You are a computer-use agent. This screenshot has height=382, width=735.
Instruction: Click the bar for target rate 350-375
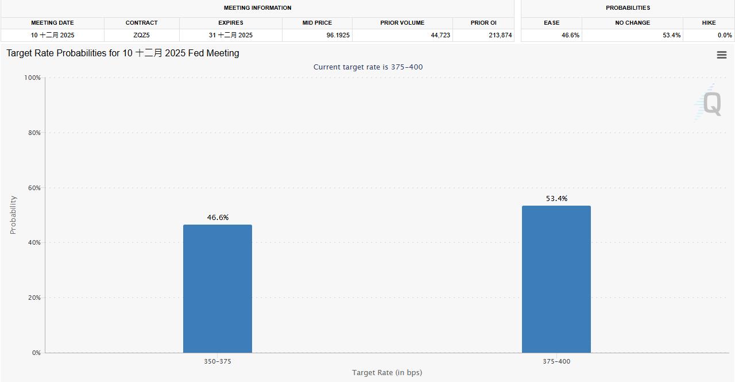(x=217, y=288)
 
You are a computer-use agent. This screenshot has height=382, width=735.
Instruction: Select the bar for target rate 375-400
(x=556, y=279)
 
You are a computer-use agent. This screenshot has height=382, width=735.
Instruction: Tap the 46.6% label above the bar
(x=218, y=217)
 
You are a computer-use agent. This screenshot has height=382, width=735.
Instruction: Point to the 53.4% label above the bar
(x=556, y=198)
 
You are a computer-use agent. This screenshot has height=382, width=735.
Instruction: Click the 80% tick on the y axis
(x=33, y=133)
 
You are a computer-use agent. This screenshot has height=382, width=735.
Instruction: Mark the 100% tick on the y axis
(x=32, y=78)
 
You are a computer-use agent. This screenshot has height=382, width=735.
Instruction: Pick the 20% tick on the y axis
(x=33, y=298)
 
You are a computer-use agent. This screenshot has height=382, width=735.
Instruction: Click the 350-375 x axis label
(x=218, y=361)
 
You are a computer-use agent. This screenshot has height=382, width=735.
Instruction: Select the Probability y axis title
(x=13, y=215)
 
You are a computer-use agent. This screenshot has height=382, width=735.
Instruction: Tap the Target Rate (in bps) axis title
(x=387, y=372)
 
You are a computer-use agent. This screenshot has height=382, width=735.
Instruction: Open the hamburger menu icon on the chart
(x=722, y=55)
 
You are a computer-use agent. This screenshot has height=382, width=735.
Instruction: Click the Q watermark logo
(x=711, y=103)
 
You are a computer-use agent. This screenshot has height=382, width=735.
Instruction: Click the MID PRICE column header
(x=317, y=23)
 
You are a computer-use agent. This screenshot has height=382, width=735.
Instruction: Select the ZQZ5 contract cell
(x=141, y=35)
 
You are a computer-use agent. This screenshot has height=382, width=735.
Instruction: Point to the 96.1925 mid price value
(x=338, y=35)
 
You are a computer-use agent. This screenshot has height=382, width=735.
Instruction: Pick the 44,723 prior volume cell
(x=440, y=35)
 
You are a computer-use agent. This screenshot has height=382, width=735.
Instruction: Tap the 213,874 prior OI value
(x=500, y=35)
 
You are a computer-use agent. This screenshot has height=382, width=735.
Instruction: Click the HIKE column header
(x=709, y=23)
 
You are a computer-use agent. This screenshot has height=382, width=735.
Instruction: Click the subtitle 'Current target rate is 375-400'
(x=368, y=67)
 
